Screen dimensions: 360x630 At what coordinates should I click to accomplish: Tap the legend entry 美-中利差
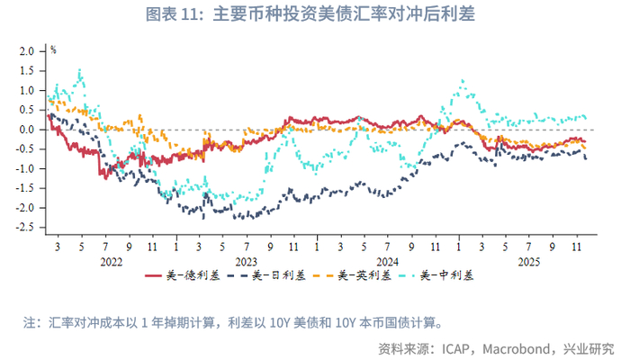click(x=447, y=275)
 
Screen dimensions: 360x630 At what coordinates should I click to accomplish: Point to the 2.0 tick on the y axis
click(x=26, y=51)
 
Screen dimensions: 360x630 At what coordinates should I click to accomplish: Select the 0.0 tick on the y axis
click(x=26, y=130)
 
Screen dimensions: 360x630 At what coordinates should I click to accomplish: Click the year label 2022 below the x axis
click(x=112, y=262)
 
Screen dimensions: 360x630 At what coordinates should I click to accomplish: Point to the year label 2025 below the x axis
click(x=526, y=262)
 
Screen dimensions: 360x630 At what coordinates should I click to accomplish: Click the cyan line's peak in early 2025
click(x=463, y=81)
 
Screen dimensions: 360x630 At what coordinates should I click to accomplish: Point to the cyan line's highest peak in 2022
click(x=80, y=70)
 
